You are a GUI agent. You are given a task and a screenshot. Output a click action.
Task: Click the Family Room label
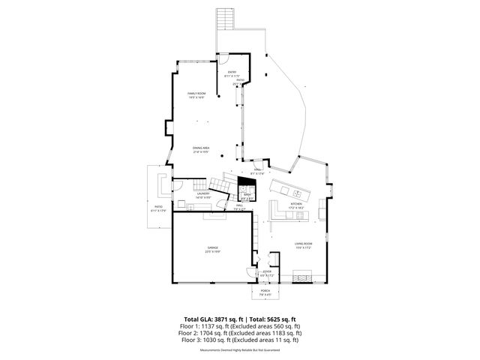click(x=196, y=94)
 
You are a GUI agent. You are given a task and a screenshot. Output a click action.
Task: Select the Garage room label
click(x=213, y=248)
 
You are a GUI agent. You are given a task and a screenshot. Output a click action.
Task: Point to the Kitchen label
click(x=295, y=203)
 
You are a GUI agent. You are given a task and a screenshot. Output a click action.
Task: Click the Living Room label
click(x=303, y=244)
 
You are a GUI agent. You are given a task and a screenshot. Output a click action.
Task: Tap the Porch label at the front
click(x=265, y=291)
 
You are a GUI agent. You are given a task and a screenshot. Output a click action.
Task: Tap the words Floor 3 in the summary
click(x=191, y=340)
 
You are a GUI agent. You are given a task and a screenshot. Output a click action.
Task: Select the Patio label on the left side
click(x=158, y=207)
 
